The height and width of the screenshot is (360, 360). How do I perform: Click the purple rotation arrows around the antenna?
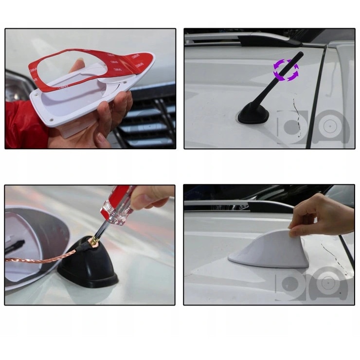click(286, 71)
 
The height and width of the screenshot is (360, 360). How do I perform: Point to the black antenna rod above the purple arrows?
click(298, 54)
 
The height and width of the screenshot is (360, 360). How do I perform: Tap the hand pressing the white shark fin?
click(321, 214)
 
